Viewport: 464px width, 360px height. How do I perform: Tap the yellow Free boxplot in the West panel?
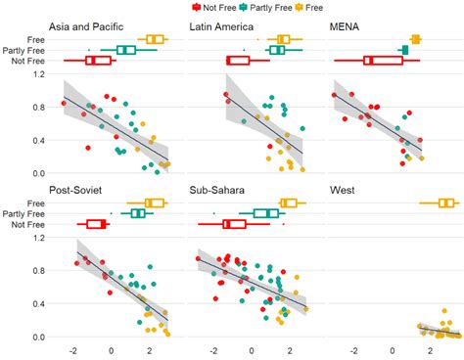pyautogui.click(x=446, y=203)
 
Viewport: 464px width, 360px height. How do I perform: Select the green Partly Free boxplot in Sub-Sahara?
pyautogui.click(x=266, y=213)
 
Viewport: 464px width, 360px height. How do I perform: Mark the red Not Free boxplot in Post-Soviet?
pyautogui.click(x=96, y=224)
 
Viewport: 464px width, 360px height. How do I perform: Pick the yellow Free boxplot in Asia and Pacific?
pyautogui.click(x=153, y=39)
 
